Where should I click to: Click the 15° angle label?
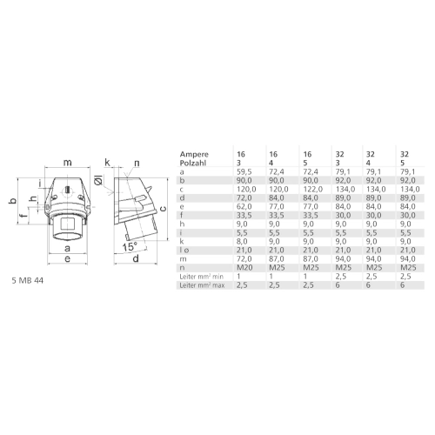(x=130, y=247)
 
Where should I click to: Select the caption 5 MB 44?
(x=28, y=280)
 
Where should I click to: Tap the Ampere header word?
(x=194, y=154)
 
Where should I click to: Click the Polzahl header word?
(x=193, y=163)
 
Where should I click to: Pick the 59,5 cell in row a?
(x=244, y=172)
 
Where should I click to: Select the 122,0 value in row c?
(x=312, y=190)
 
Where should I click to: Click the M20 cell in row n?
(x=244, y=267)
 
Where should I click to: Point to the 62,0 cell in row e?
(x=244, y=207)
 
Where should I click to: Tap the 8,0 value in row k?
(x=242, y=241)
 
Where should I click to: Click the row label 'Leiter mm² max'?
(x=202, y=285)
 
